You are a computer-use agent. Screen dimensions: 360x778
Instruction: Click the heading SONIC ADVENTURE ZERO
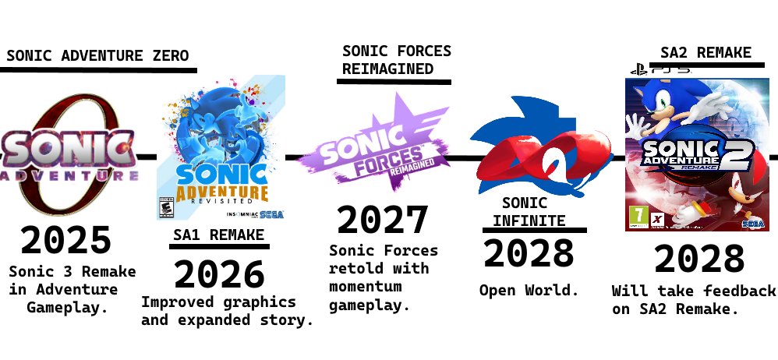[x=97, y=56]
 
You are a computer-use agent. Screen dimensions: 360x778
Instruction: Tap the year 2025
[x=66, y=241]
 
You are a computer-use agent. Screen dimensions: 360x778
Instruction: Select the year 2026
[x=219, y=274]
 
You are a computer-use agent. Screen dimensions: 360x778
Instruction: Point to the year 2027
[x=382, y=221]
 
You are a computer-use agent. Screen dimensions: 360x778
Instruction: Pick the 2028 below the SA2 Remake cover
[x=699, y=259]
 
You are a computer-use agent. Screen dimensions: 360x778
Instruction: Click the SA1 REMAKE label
[x=218, y=235]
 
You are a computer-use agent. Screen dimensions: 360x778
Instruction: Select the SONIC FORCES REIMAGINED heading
[x=396, y=60]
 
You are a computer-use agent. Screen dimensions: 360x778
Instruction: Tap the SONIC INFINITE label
[x=529, y=212]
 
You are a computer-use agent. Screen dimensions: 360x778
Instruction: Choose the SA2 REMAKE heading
[x=706, y=53]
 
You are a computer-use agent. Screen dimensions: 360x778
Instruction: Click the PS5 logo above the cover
[x=660, y=70]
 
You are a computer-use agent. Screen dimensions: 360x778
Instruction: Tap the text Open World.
[x=529, y=291]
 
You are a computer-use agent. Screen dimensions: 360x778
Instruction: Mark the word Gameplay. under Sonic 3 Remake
[x=66, y=307]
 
